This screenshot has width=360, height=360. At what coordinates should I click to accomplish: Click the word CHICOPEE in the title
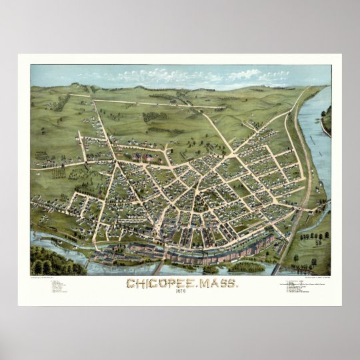pos(155,284)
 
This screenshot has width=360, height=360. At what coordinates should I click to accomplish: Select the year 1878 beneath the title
pos(180,293)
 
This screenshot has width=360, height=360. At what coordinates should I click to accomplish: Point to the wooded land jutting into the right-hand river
pos(326,120)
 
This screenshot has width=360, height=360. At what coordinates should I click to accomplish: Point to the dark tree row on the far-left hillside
pos(62,103)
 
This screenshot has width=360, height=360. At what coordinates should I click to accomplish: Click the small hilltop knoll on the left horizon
pos(75,85)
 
